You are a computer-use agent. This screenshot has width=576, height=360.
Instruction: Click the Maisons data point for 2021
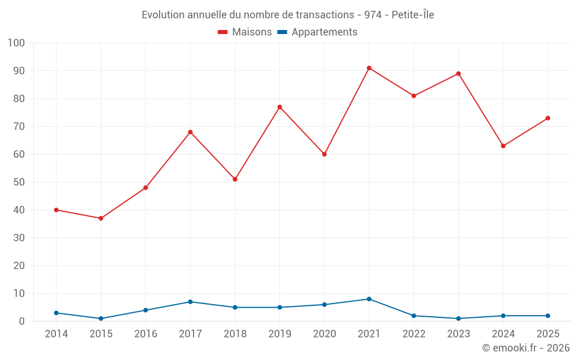369,68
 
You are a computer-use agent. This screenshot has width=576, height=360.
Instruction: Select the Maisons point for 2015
101,218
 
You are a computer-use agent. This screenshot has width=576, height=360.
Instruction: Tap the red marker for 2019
280,107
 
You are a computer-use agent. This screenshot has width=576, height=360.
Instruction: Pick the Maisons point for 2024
503,146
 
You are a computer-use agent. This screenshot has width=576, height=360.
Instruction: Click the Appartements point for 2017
190,302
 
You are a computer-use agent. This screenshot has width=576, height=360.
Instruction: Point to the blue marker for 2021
369,299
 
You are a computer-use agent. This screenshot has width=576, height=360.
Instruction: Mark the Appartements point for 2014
56,313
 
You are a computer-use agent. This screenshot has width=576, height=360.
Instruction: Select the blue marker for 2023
458,319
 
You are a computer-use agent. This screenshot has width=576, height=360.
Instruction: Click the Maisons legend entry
252,32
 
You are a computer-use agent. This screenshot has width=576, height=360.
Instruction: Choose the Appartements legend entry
324,32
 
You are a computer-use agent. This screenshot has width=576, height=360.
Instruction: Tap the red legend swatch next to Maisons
222,32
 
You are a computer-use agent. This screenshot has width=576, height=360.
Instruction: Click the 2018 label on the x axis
235,334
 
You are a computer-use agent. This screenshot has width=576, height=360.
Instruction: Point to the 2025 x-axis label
548,334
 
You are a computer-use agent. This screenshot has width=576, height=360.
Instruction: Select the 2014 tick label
56,334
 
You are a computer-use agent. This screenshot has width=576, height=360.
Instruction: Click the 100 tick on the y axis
16,43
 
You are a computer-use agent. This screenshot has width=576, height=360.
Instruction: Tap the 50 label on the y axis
19,182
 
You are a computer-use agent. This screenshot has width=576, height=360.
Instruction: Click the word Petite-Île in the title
412,15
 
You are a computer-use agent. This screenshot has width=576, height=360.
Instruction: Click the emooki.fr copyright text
525,348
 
